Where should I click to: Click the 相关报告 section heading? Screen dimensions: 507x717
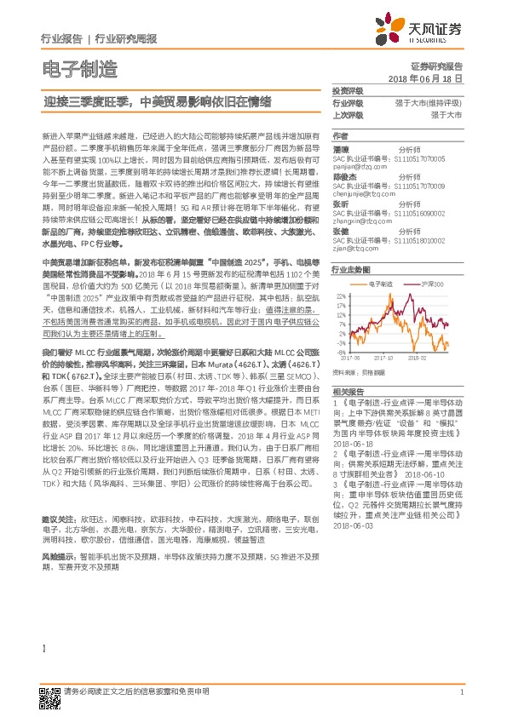point(347,388)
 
